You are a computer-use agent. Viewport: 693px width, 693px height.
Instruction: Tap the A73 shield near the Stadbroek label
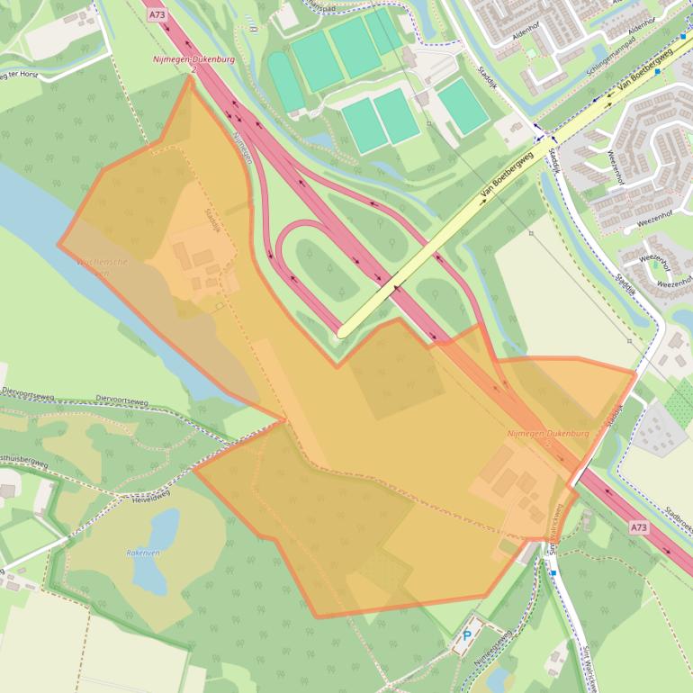pos(638,527)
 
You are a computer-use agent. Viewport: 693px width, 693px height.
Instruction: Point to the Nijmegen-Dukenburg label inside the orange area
pos(548,433)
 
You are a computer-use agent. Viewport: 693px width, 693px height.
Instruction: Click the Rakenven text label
pos(142,553)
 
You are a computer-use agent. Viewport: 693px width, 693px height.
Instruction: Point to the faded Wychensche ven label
pos(102,262)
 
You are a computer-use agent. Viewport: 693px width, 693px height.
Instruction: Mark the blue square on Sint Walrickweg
pos(553,571)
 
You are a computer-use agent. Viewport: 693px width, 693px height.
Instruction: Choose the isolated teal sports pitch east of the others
pos(463,106)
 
